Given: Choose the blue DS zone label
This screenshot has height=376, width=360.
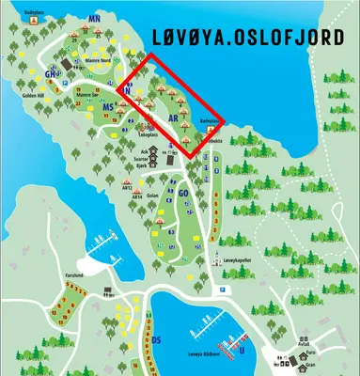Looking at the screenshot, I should tap(157, 339).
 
